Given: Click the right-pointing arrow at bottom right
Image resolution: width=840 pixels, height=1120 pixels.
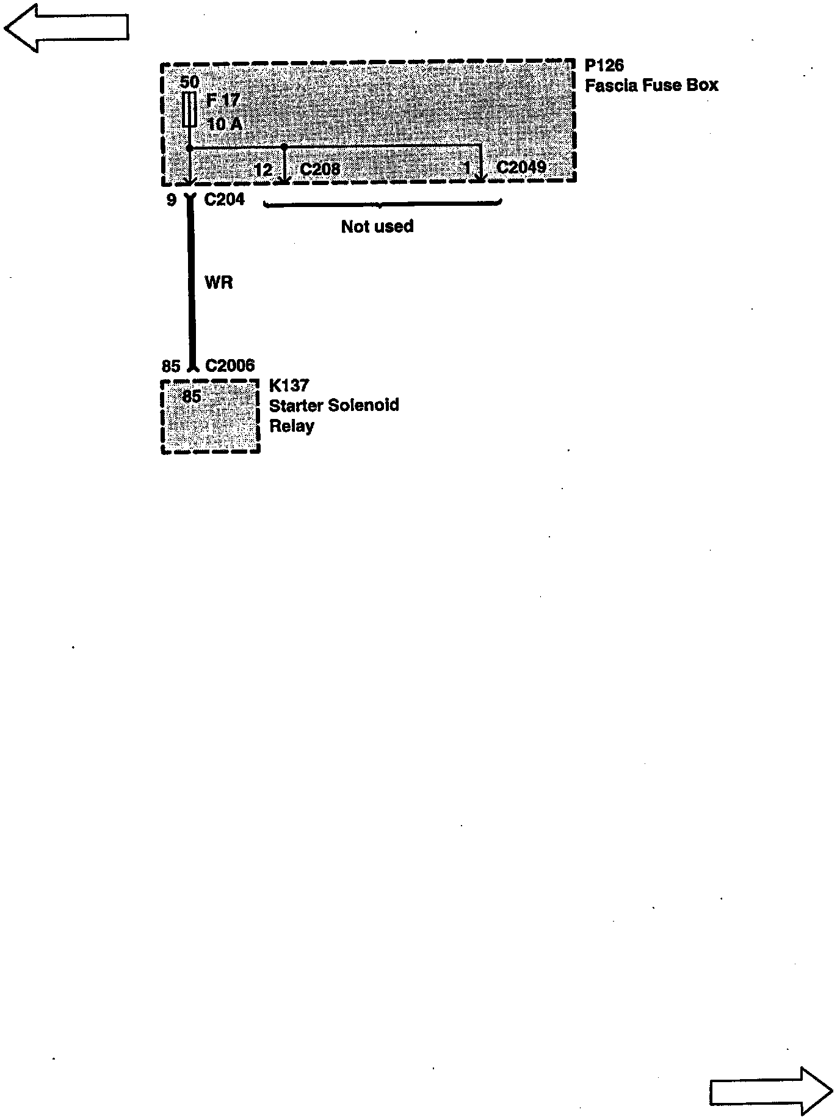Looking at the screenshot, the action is point(771,1091).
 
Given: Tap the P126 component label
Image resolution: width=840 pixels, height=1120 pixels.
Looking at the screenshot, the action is point(604,65).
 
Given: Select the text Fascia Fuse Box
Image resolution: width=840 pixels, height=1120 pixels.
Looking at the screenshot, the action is point(651,85).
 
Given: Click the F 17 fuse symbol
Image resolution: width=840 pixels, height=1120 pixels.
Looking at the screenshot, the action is point(189,110).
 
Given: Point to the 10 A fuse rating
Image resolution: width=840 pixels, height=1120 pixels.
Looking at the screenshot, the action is point(225,124).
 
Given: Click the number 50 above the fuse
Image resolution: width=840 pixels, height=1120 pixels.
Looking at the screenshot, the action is point(190,82).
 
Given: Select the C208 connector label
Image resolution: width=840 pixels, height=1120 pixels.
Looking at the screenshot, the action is point(320,169).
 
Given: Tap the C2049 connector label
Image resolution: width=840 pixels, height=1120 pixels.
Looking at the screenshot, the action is point(521,167).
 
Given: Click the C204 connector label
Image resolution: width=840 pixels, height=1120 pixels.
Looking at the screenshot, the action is point(224,199).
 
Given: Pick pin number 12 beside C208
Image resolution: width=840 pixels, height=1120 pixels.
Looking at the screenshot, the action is point(263,169).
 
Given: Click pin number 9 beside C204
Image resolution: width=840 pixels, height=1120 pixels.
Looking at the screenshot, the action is point(172,200).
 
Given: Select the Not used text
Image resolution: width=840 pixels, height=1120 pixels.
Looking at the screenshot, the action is point(377,227).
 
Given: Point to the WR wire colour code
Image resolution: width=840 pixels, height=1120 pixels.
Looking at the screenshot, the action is point(219,283).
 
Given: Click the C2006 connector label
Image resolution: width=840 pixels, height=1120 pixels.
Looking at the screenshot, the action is point(230,365).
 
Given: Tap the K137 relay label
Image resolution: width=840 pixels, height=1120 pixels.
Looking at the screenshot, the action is point(289,385).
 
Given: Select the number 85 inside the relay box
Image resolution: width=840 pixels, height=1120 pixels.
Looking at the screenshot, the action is point(192,397).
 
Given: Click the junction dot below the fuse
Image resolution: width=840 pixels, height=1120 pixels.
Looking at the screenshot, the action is point(190,148).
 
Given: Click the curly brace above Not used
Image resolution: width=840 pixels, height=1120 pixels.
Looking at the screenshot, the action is point(382,204).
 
